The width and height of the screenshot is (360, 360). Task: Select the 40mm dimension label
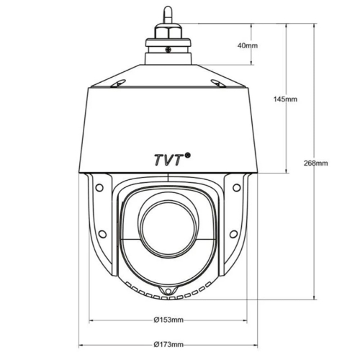point(247,45)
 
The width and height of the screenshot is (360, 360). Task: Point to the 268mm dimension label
point(317,163)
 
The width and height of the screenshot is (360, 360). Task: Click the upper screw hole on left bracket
point(99,187)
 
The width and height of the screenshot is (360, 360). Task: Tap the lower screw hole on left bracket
point(102,233)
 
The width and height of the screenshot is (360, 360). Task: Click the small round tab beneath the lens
point(167,291)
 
